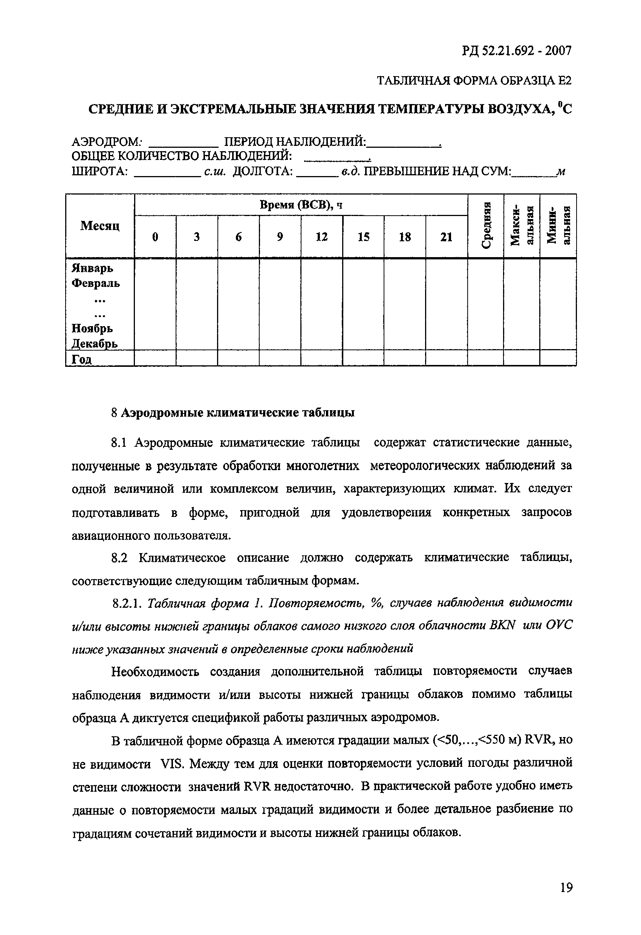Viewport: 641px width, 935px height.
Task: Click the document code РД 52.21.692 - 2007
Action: click(516, 51)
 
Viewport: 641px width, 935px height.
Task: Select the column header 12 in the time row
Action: click(321, 237)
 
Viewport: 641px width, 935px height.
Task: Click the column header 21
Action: click(446, 237)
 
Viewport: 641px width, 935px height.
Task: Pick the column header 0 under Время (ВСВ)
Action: click(155, 237)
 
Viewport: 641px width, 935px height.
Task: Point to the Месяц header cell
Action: click(100, 226)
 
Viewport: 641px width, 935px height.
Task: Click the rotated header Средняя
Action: click(486, 226)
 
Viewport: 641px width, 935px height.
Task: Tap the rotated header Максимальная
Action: click(522, 226)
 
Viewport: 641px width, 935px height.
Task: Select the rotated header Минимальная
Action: click(558, 226)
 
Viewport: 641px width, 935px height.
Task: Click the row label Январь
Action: click(92, 268)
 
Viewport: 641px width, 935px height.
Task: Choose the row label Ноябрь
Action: click(92, 329)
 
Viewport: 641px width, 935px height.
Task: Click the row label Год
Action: click(82, 359)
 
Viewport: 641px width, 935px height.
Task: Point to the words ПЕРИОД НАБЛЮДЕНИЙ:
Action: click(295, 142)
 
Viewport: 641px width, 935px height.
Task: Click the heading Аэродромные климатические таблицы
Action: click(238, 413)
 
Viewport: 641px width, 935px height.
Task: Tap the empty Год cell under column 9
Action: click(280, 358)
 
